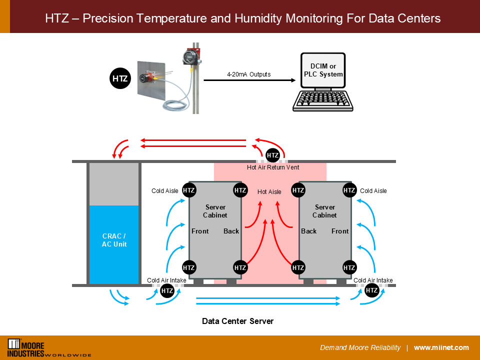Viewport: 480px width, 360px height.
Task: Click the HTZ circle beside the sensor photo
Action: [119, 79]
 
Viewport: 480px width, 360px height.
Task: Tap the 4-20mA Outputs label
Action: [248, 74]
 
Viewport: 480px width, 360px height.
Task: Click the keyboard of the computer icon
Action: [323, 100]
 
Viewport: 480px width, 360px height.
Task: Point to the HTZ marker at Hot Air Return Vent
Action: [272, 155]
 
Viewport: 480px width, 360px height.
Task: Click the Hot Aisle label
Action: [269, 191]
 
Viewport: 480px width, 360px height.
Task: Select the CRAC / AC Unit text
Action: [114, 240]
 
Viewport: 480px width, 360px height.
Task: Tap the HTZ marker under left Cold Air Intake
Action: [167, 290]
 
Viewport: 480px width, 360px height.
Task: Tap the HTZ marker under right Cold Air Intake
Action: [371, 290]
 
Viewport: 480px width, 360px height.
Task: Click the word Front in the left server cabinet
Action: [200, 231]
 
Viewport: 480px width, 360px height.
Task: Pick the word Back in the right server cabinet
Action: [309, 231]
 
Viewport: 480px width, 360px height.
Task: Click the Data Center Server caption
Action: [237, 321]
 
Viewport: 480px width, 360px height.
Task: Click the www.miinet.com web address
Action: [441, 348]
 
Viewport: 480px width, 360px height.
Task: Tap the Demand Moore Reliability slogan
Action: [360, 348]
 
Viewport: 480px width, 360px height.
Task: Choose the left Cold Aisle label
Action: [165, 191]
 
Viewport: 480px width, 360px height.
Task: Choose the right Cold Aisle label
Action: [373, 191]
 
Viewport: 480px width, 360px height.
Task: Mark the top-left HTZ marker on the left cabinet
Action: [188, 190]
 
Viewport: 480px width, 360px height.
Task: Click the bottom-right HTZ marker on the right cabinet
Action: [349, 267]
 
